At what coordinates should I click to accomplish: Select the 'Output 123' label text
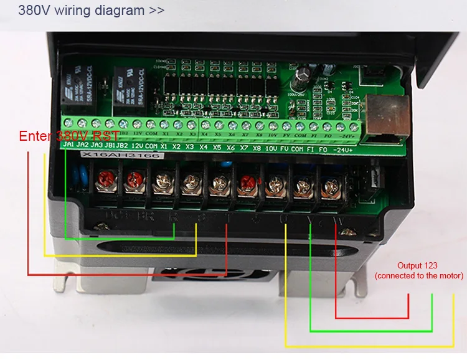(x=418, y=265)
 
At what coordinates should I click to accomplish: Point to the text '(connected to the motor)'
(x=418, y=275)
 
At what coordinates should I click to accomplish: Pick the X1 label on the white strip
(x=163, y=147)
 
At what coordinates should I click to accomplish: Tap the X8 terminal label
(x=256, y=148)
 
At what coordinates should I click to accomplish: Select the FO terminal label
(x=323, y=149)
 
